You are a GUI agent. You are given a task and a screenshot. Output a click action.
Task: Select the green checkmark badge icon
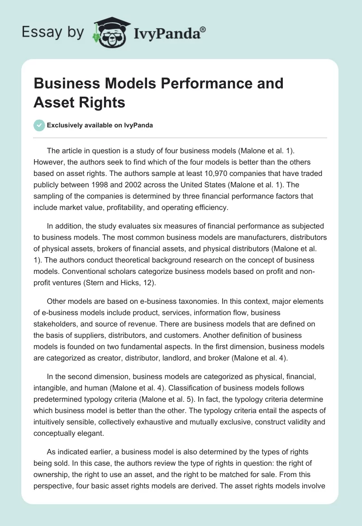pyautogui.click(x=39, y=125)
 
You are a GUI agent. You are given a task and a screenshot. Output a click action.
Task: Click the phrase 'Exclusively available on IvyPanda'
pyautogui.click(x=100, y=125)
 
